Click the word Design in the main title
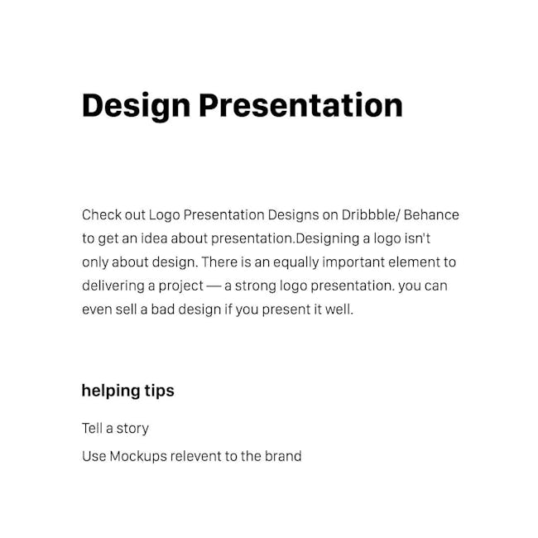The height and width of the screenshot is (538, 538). click(137, 107)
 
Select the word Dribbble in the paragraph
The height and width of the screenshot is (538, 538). click(368, 215)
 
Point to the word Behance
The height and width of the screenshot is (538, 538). click(431, 215)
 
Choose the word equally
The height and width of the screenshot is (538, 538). click(296, 263)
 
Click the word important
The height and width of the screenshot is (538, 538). click(353, 263)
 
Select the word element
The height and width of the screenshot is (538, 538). click(414, 262)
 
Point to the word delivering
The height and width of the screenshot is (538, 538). click(113, 286)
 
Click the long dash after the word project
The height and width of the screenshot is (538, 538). click(214, 286)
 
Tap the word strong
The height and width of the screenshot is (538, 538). click(255, 286)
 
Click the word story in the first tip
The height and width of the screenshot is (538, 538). click(132, 429)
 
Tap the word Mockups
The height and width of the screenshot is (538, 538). click(138, 457)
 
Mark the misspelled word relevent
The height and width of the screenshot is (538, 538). click(196, 456)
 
